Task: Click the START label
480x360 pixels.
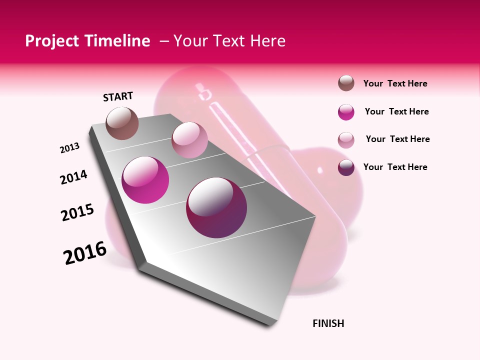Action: click(x=118, y=96)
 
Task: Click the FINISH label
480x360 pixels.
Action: click(x=328, y=323)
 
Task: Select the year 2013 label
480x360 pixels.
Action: click(x=69, y=148)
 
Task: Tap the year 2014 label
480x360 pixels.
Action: click(x=73, y=177)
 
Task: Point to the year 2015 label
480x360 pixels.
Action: click(x=77, y=212)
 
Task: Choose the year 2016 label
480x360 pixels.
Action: click(x=85, y=253)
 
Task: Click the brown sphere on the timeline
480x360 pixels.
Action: click(x=122, y=123)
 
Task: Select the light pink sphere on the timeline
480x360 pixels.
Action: click(x=189, y=140)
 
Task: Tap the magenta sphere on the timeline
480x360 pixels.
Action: click(x=145, y=180)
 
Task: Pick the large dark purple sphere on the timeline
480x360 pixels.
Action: click(x=216, y=207)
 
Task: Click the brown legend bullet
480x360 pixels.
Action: click(x=346, y=83)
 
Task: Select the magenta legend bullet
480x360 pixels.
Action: click(x=346, y=112)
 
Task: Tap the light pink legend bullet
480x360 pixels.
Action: click(x=346, y=140)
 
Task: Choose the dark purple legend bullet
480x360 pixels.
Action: click(x=346, y=167)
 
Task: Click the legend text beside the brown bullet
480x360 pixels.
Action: click(x=395, y=83)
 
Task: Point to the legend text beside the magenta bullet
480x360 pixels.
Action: click(x=396, y=111)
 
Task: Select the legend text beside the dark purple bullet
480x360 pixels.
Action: click(x=395, y=167)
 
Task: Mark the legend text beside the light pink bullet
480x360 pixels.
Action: click(x=397, y=139)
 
